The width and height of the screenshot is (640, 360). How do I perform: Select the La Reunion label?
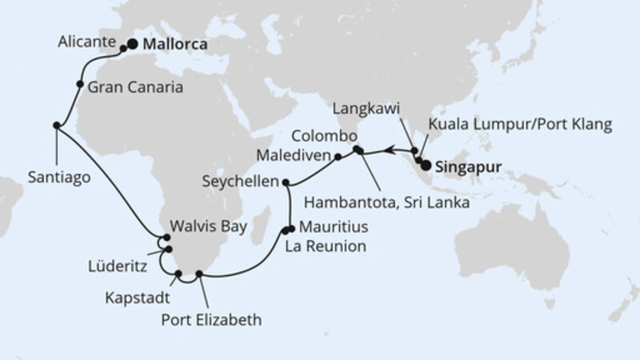326,247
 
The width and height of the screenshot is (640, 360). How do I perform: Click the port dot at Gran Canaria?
80,84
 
